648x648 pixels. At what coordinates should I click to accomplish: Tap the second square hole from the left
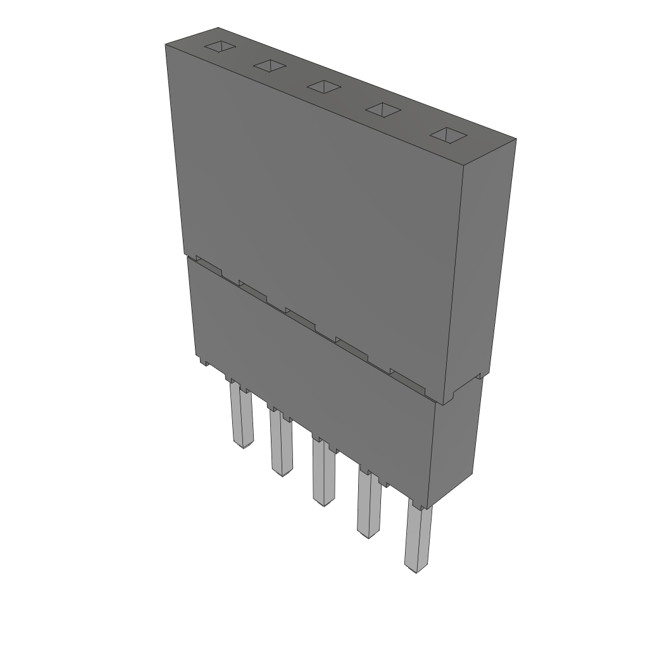[x=270, y=65]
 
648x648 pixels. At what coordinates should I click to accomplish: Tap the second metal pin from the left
[x=281, y=443]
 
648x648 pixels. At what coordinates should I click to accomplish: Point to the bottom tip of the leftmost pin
[x=242, y=445]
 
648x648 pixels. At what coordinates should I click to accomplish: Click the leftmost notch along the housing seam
[x=209, y=266]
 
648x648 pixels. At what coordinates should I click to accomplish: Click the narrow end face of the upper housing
[x=485, y=266]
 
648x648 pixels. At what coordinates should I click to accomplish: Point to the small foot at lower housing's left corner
[x=203, y=363]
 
